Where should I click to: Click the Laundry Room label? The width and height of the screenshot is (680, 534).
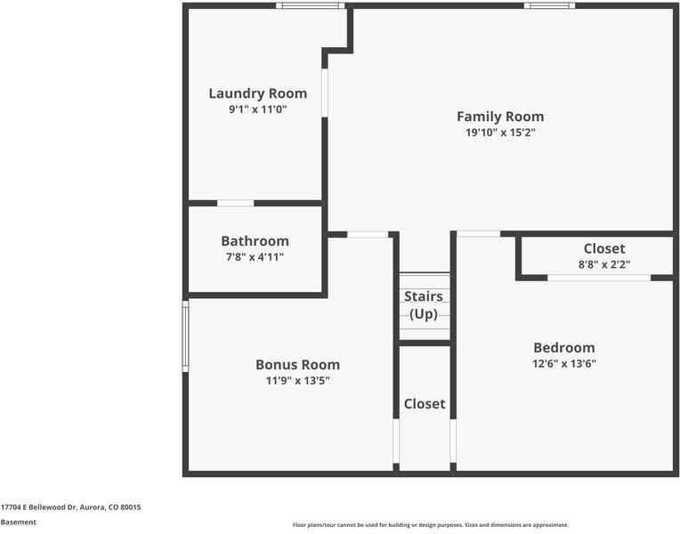257,93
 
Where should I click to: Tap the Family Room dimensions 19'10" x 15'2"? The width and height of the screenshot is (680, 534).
499,133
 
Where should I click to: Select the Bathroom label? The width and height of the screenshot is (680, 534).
255,241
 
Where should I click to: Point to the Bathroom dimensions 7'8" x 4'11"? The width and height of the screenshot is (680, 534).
255,257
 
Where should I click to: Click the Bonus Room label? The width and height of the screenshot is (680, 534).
297,364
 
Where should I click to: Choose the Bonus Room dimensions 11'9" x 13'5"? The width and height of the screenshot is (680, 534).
297,380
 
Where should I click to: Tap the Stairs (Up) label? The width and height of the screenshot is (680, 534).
424,305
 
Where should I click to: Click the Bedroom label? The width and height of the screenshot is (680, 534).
563,347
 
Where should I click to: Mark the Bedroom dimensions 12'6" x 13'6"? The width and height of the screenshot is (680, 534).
563,363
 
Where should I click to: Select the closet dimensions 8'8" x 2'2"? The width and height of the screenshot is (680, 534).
604,263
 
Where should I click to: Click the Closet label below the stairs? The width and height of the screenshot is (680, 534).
425,404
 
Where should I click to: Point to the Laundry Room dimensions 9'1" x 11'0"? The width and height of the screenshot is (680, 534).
257,109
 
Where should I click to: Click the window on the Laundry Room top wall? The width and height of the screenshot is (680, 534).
310,6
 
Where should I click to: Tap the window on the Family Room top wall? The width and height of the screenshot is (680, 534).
548,6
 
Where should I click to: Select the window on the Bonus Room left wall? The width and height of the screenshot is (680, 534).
186,335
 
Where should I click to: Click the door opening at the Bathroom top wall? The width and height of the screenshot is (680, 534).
235,203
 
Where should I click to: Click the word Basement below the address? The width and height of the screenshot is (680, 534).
19,522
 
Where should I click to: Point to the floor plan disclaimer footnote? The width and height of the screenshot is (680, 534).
430,525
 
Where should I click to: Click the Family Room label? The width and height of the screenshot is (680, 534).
499,117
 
